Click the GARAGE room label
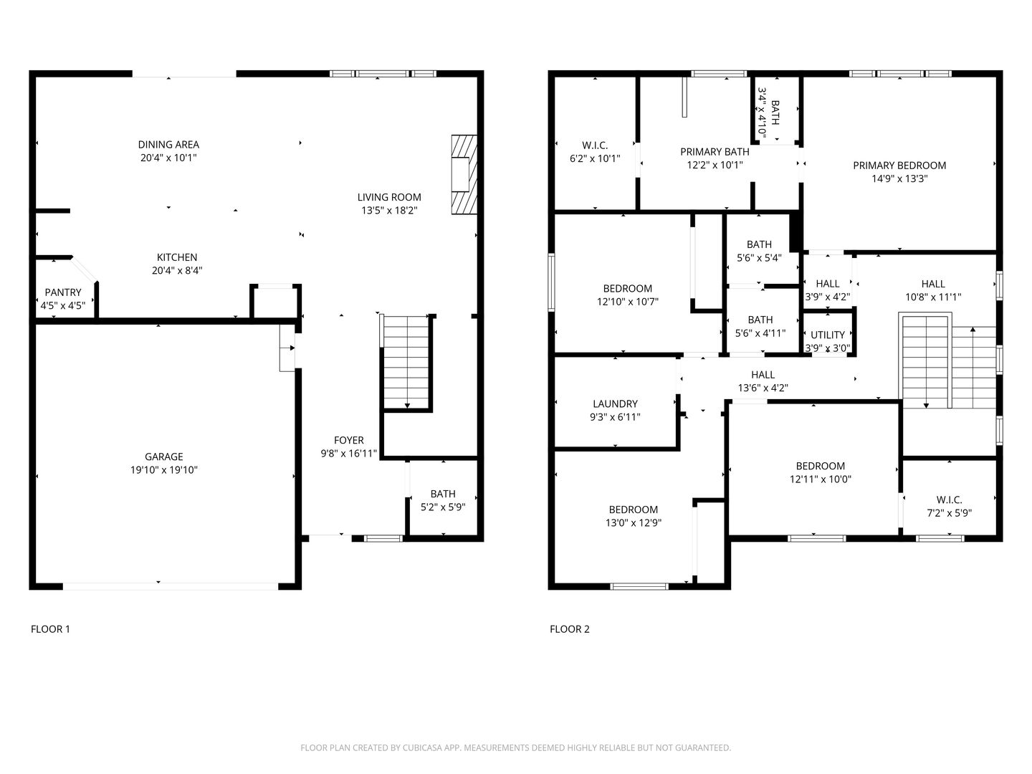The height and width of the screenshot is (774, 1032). point(164,457)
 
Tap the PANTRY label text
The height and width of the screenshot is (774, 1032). point(63,292)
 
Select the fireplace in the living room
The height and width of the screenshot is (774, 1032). point(462,174)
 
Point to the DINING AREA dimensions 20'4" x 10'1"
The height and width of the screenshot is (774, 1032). point(168,158)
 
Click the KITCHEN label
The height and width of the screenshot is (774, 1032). point(177,257)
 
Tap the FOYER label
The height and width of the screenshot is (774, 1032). point(349,440)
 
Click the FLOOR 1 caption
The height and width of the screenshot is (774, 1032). point(50,629)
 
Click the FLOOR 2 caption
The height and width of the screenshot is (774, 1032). point(570,629)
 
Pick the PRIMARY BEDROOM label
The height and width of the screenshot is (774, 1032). point(899,166)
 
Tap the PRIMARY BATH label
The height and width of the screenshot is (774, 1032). point(715,152)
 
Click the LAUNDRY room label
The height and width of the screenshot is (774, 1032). point(615,404)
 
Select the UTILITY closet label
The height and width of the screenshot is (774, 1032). point(828,335)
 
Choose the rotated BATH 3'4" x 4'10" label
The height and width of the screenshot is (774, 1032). point(768,113)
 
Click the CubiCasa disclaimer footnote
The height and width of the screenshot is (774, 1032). point(515,747)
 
